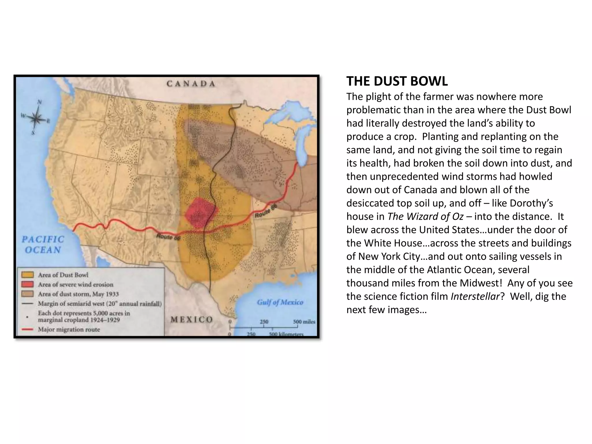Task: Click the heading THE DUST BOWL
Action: pyautogui.click(x=397, y=81)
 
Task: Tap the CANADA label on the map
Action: pyautogui.click(x=191, y=84)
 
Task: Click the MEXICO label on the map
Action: pyautogui.click(x=191, y=319)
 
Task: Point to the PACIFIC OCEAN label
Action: pyautogui.click(x=43, y=245)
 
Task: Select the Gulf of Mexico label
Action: pyautogui.click(x=280, y=302)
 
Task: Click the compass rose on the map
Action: pyautogui.click(x=36, y=118)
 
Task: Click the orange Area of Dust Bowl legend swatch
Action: pyautogui.click(x=27, y=275)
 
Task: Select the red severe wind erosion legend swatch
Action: pyautogui.click(x=27, y=284)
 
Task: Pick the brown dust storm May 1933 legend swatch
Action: pyautogui.click(x=27, y=294)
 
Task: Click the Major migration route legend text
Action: pyautogui.click(x=69, y=330)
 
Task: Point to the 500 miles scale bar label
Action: pyautogui.click(x=304, y=322)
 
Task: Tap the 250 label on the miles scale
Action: pyautogui.click(x=264, y=322)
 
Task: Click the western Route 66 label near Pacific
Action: pyautogui.click(x=168, y=237)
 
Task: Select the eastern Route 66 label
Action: pyautogui.click(x=266, y=211)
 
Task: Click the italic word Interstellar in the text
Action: pyautogui.click(x=475, y=296)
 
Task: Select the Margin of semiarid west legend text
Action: pyautogui.click(x=100, y=304)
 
